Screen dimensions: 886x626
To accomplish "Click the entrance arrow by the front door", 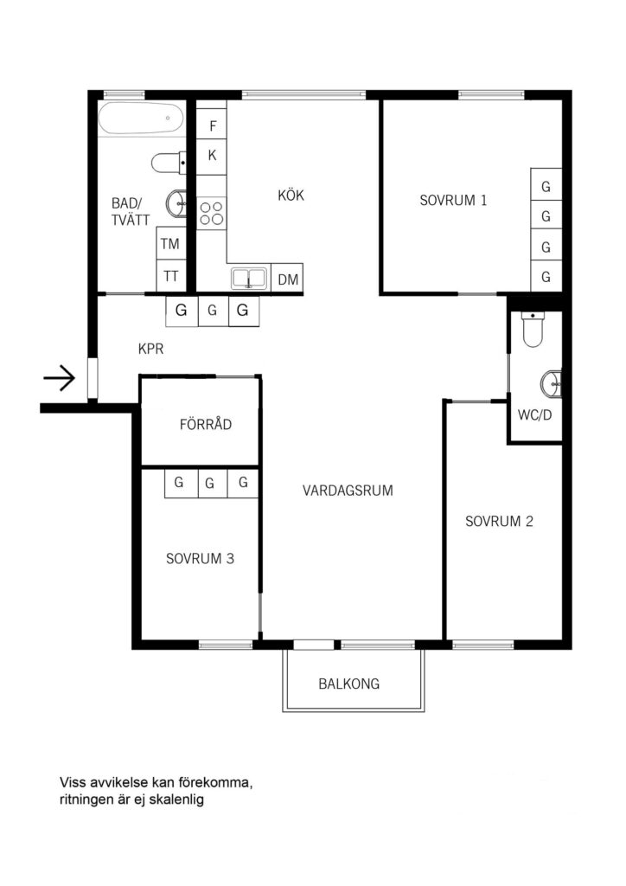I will (59, 378).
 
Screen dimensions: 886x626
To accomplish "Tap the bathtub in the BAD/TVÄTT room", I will (141, 119).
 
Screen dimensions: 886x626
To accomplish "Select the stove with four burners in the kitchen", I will (211, 213).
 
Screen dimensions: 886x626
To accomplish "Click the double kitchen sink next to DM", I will (249, 279).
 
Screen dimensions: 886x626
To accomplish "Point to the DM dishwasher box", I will (287, 279).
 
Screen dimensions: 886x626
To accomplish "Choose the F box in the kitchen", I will (212, 126).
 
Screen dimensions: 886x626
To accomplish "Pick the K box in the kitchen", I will (212, 157).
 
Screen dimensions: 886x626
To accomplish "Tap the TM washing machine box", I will (170, 244).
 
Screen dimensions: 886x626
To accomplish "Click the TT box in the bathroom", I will (170, 276).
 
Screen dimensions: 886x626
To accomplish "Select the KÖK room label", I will (291, 196).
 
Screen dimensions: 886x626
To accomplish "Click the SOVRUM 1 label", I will (453, 200).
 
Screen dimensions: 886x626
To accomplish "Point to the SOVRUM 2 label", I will (499, 521).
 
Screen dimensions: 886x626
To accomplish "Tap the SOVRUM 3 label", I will (200, 558).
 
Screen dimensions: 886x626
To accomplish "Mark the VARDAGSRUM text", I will (348, 491).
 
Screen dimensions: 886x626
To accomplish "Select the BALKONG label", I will (348, 684).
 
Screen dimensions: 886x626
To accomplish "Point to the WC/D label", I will (534, 414).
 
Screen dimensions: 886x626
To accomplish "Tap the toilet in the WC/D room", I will (533, 330).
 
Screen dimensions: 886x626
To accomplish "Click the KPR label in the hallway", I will (151, 350).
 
